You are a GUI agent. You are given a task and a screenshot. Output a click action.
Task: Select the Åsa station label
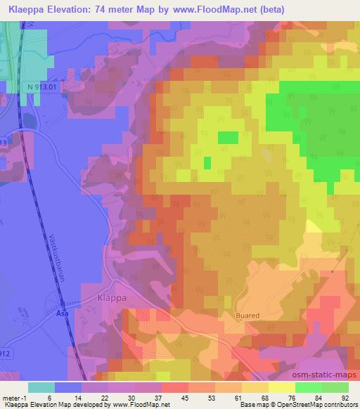[63, 313]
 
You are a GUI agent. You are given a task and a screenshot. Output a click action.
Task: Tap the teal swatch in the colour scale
[41, 387]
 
